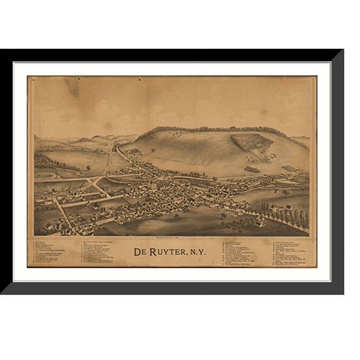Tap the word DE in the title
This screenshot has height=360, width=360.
click(140, 252)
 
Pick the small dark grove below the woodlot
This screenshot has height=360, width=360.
click(252, 169)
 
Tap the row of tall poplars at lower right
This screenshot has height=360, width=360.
click(288, 216)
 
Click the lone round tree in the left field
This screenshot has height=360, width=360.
click(87, 167)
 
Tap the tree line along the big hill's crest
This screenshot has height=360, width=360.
click(206, 129)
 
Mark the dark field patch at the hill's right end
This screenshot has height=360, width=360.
click(289, 167)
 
